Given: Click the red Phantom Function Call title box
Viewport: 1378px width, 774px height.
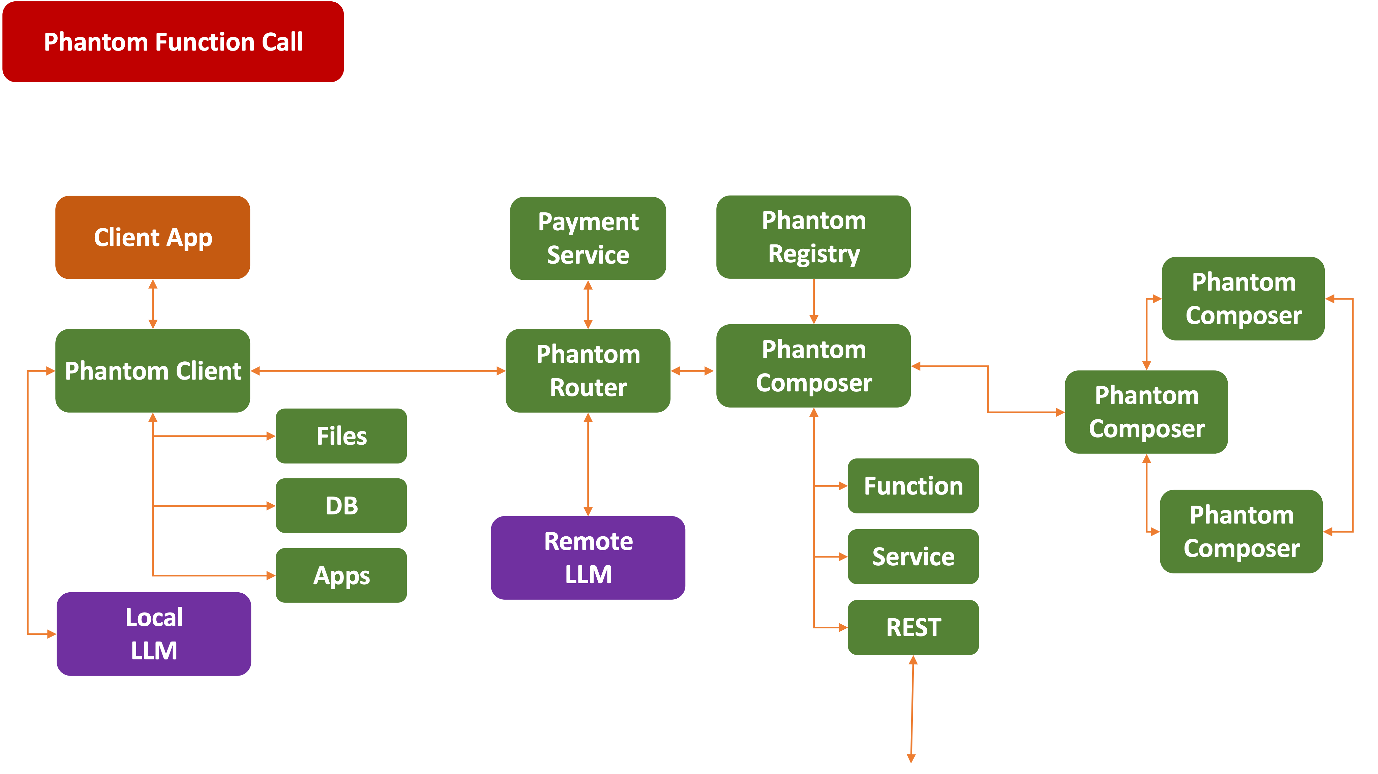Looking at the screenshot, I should coord(173,42).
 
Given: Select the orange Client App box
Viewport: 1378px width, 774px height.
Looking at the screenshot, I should coord(153,238).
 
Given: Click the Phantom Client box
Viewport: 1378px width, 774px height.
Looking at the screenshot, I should coord(153,371).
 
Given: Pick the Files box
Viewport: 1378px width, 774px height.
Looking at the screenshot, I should coord(341,436).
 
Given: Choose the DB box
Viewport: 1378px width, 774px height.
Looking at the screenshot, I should coord(341,505).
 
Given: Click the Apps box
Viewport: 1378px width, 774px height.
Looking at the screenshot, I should coord(341,575).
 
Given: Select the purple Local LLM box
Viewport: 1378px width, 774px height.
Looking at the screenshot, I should coord(154,634).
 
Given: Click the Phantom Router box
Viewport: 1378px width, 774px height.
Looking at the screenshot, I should coord(588,371).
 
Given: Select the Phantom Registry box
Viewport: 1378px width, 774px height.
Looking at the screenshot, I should coord(814,237).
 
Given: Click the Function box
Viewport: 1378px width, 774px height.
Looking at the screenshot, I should coord(913,486).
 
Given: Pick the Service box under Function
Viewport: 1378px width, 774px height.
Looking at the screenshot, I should coord(913,556).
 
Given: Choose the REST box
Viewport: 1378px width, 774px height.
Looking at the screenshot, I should coord(913,627).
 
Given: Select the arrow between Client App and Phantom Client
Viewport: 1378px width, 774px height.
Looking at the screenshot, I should coord(153,304).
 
